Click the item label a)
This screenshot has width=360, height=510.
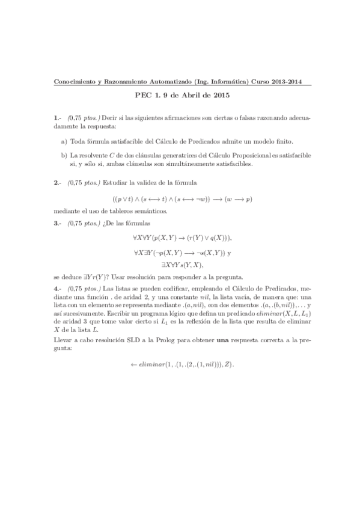pyautogui.click(x=64, y=141)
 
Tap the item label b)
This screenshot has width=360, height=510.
pyautogui.click(x=64, y=155)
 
